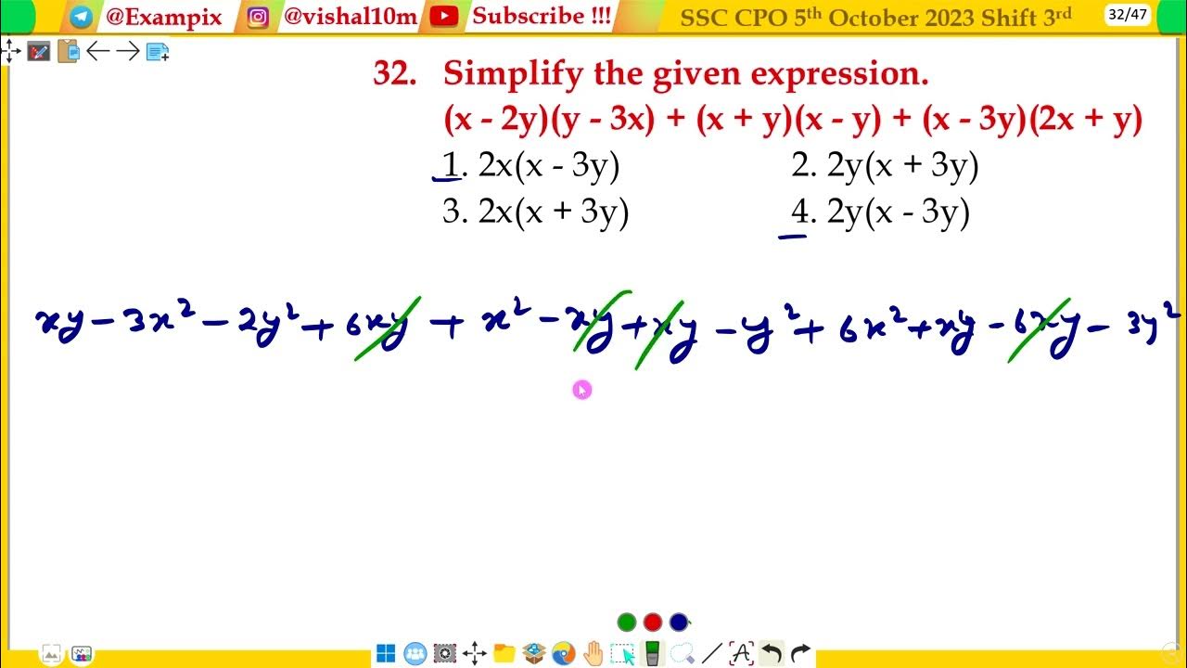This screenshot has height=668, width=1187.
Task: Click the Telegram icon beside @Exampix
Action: pyautogui.click(x=82, y=17)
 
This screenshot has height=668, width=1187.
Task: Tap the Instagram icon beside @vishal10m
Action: pyautogui.click(x=259, y=17)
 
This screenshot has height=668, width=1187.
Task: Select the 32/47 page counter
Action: pyautogui.click(x=1128, y=15)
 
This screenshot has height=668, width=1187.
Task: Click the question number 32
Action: pyautogui.click(x=394, y=73)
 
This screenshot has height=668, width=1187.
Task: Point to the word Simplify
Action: pyautogui.click(x=514, y=73)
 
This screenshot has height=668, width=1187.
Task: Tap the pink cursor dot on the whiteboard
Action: pyautogui.click(x=581, y=390)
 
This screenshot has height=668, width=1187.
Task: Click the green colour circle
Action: pyautogui.click(x=627, y=623)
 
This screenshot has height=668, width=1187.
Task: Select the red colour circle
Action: pyautogui.click(x=653, y=623)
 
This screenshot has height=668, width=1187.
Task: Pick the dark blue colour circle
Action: pyautogui.click(x=679, y=623)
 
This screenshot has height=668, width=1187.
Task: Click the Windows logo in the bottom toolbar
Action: pyautogui.click(x=386, y=653)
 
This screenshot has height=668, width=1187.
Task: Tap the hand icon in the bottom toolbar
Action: pyautogui.click(x=593, y=653)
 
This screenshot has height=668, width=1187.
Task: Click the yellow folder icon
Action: pyautogui.click(x=504, y=653)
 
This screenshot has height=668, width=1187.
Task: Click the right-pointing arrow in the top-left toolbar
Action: pyautogui.click(x=128, y=52)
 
